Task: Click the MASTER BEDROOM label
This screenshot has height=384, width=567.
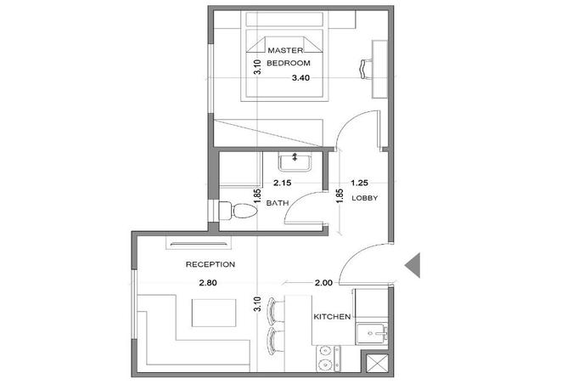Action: tap(289, 56)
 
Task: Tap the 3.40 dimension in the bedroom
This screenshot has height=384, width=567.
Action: tap(300, 78)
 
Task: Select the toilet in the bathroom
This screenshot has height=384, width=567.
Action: tap(239, 211)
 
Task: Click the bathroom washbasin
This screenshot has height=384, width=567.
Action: tap(295, 161)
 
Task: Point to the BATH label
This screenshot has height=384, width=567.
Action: tap(278, 203)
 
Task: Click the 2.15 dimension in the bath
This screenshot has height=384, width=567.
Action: tap(282, 184)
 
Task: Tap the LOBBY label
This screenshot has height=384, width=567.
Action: tap(364, 198)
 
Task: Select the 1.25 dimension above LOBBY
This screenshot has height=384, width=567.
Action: tap(359, 184)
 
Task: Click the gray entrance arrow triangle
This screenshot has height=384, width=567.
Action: tap(413, 265)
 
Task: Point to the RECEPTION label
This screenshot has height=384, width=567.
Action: tap(211, 264)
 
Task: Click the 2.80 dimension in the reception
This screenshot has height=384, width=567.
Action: tap(208, 283)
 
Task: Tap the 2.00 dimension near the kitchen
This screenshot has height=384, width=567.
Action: tap(323, 283)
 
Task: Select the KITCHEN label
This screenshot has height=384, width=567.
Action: tap(332, 317)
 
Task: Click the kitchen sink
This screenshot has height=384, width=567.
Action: tap(372, 334)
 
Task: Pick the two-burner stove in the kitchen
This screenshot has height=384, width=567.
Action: tap(328, 359)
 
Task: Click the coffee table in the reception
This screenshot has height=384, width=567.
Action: tap(214, 313)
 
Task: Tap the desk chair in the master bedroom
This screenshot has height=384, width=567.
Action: tap(366, 69)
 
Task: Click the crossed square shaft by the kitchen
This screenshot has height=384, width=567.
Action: tap(376, 363)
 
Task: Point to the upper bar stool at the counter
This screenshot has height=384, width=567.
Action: tap(272, 311)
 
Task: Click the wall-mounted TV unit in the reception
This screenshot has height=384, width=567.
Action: tap(198, 243)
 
